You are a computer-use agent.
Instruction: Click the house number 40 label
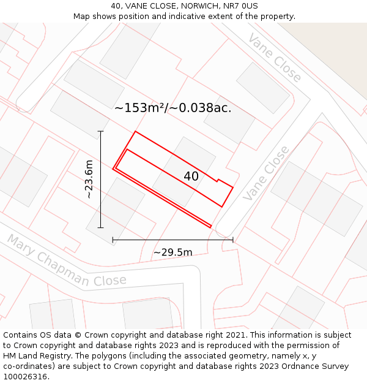click(x=191, y=176)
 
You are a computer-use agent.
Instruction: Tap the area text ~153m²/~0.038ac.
click(x=172, y=108)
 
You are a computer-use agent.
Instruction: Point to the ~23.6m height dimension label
click(x=89, y=179)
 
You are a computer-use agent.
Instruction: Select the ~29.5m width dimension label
click(x=172, y=252)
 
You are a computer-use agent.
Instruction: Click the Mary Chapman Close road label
click(x=67, y=260)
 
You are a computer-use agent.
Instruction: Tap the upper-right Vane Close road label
click(x=275, y=58)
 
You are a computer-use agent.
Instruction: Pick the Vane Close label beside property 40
click(x=266, y=173)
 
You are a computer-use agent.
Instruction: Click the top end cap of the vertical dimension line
click(x=101, y=131)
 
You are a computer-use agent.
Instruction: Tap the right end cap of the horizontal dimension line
click(x=232, y=240)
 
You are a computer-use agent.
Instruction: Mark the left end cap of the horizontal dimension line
click(x=113, y=240)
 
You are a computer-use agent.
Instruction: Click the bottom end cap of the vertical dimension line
click(x=101, y=227)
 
